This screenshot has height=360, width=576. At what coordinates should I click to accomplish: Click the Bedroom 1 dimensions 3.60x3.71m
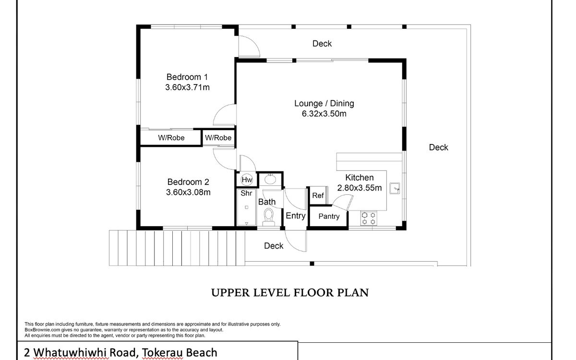(188, 87)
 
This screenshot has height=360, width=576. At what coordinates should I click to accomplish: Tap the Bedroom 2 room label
(188, 182)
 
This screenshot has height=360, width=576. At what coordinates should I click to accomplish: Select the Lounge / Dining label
(324, 103)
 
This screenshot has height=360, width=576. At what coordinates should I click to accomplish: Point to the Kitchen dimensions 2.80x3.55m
(359, 188)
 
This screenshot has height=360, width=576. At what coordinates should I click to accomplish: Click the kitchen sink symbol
(395, 188)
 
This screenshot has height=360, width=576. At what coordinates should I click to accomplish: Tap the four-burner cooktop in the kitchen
(369, 218)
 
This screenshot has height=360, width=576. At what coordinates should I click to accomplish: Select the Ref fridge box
(318, 195)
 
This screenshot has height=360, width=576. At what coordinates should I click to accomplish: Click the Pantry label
(329, 216)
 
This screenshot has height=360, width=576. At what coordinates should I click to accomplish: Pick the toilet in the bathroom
(269, 217)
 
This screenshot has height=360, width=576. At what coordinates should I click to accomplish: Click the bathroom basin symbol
(270, 179)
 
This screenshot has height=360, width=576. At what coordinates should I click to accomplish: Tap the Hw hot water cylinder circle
(247, 180)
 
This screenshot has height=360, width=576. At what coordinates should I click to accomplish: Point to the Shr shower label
(246, 193)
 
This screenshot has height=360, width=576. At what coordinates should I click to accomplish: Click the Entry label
(296, 216)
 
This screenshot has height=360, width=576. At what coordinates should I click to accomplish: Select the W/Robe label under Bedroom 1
(171, 138)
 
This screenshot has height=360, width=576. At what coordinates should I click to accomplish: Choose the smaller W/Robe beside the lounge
(218, 138)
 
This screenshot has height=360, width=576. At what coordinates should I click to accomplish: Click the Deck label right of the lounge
(438, 147)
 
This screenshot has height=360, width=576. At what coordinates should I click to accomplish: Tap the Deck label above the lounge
(322, 44)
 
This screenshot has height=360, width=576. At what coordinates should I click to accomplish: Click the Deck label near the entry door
(274, 246)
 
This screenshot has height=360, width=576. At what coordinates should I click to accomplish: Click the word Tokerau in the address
(162, 352)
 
